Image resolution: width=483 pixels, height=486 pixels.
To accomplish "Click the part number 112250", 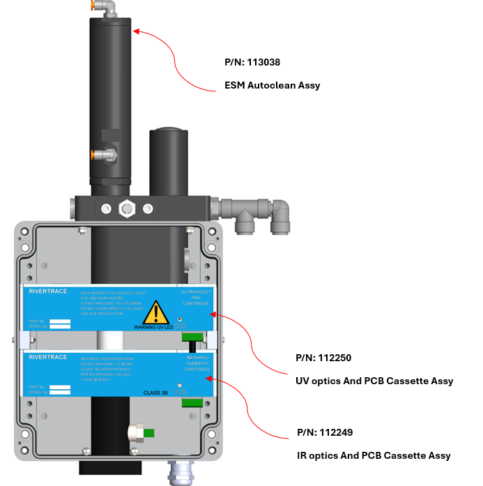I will click(x=323, y=358).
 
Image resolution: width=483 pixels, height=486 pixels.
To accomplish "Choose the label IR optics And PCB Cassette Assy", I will click(x=374, y=455).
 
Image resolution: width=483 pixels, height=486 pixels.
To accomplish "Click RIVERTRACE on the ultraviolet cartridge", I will click(x=47, y=291).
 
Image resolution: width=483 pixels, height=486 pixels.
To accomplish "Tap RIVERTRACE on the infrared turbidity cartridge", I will click(x=47, y=357).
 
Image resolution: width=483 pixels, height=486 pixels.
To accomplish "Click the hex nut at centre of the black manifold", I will click(x=127, y=208).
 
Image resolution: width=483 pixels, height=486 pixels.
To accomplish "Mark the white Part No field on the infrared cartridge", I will click(x=60, y=384).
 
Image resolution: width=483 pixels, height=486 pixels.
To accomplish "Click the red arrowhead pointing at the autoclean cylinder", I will click(x=137, y=31).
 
